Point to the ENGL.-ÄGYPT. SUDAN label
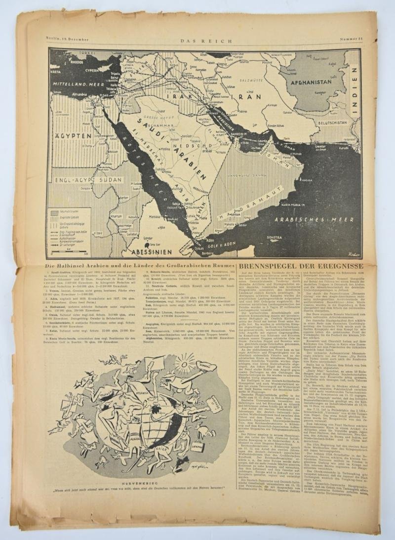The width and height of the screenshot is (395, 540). [x=82, y=181]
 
